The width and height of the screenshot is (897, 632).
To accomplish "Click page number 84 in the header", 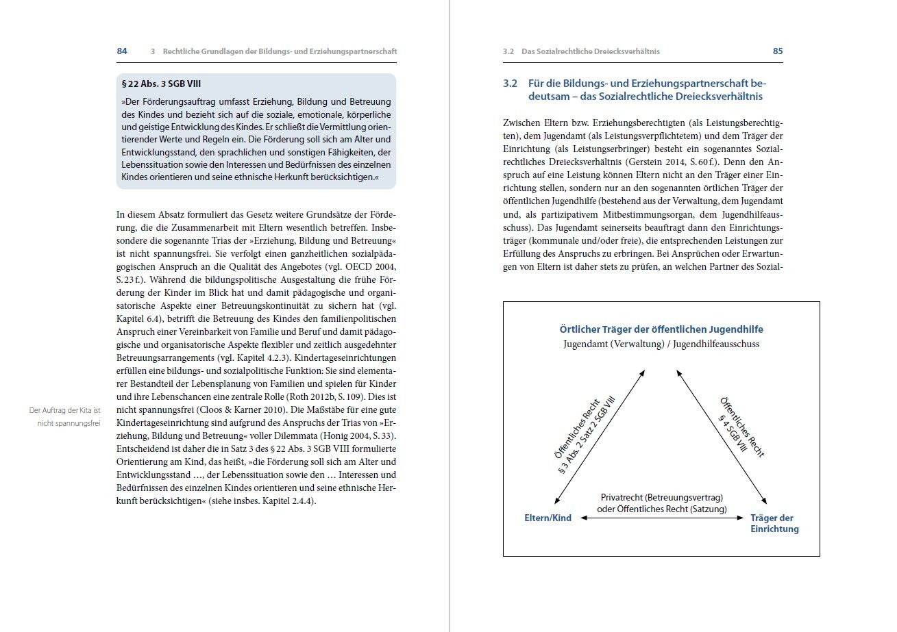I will point(122,51).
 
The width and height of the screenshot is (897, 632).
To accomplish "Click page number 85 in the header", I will point(778,51).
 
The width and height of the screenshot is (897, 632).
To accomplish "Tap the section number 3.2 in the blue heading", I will point(510,84).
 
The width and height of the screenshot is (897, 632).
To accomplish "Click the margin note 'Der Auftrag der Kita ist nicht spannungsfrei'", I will point(65,416).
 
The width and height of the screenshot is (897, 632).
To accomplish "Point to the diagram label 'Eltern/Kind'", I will point(548,518).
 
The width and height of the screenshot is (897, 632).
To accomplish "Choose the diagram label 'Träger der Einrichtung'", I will point(774,524).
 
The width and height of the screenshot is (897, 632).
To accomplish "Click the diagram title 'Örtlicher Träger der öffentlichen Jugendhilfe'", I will point(661,329).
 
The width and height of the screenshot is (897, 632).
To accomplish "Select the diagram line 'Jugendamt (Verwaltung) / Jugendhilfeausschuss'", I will point(661,344).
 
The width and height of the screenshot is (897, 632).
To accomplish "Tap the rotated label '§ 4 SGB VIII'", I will point(733,434).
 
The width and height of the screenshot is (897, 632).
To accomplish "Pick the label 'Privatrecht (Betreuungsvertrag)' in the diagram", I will point(662,498).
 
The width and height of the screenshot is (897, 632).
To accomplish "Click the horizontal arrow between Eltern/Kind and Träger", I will point(662,518).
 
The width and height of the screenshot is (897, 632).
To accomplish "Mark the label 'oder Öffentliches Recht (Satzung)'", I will point(662,509).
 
